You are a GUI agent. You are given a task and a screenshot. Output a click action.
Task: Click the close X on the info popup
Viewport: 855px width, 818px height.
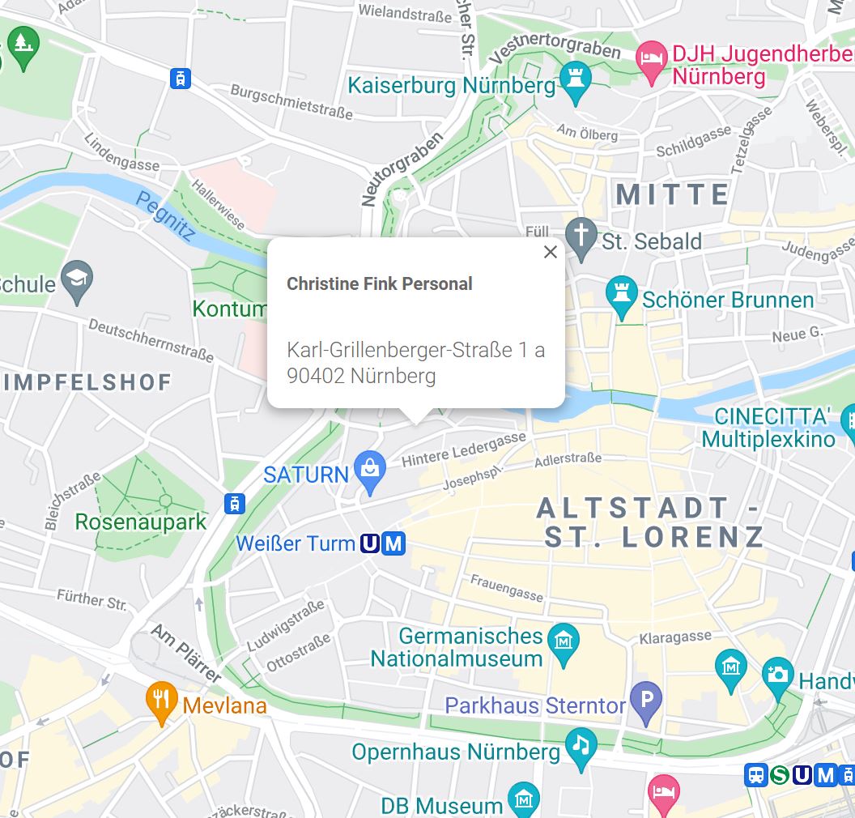[551, 252]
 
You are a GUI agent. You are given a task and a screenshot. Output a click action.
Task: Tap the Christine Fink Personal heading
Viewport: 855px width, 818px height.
[379, 284]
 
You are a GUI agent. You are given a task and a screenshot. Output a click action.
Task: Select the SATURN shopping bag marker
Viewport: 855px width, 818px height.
[371, 471]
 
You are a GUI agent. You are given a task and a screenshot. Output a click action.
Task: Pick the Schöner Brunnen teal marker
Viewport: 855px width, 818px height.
[622, 296]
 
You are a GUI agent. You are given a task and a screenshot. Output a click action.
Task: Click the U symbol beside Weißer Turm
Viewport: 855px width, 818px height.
[370, 543]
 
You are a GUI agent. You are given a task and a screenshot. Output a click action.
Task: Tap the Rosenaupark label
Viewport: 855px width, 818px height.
[141, 522]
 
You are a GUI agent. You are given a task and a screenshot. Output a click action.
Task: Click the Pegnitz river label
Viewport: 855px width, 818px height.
[166, 216]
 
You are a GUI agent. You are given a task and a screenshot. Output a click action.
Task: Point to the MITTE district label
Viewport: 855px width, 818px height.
[673, 194]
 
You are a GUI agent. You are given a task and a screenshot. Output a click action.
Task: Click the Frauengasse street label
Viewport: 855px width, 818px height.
[507, 589]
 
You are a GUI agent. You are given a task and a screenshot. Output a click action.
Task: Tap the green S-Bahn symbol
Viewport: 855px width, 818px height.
[779, 775]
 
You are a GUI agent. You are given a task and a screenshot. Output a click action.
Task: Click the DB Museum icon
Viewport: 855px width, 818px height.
[523, 800]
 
